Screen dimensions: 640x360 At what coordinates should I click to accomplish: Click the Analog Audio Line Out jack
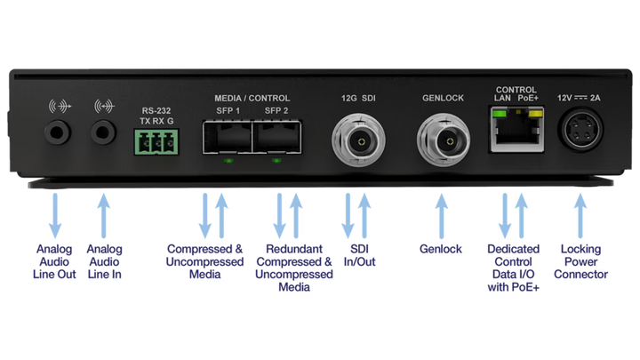tap(58, 132)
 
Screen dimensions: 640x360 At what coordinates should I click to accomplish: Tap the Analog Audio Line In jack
tap(103, 132)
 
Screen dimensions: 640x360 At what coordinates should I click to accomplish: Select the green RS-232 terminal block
tap(156, 142)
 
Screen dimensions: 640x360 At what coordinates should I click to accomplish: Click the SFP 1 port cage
tap(228, 137)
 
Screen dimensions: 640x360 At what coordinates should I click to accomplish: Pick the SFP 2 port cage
tap(277, 137)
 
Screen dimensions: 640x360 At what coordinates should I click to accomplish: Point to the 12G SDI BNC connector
tap(359, 141)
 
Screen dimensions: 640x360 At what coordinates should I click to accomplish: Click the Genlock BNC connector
tap(444, 141)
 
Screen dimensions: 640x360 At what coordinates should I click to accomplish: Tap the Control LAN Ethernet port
tap(516, 129)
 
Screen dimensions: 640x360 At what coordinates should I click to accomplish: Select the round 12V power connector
tap(580, 130)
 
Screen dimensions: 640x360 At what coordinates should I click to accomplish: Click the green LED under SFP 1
tap(228, 161)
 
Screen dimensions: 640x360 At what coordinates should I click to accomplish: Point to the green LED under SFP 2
tap(276, 161)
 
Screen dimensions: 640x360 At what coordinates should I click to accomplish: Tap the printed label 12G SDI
tap(358, 98)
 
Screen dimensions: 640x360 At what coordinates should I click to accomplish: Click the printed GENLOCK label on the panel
tap(443, 98)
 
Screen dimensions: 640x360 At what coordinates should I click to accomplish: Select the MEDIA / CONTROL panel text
tap(252, 99)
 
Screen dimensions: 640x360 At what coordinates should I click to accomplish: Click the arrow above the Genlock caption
tap(441, 216)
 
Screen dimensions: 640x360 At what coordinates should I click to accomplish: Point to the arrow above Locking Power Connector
tap(580, 216)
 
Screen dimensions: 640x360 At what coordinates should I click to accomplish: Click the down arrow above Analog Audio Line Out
tap(55, 216)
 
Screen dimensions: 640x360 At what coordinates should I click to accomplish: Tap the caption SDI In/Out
tap(360, 255)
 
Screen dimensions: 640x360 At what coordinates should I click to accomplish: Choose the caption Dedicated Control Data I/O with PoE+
tap(514, 268)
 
